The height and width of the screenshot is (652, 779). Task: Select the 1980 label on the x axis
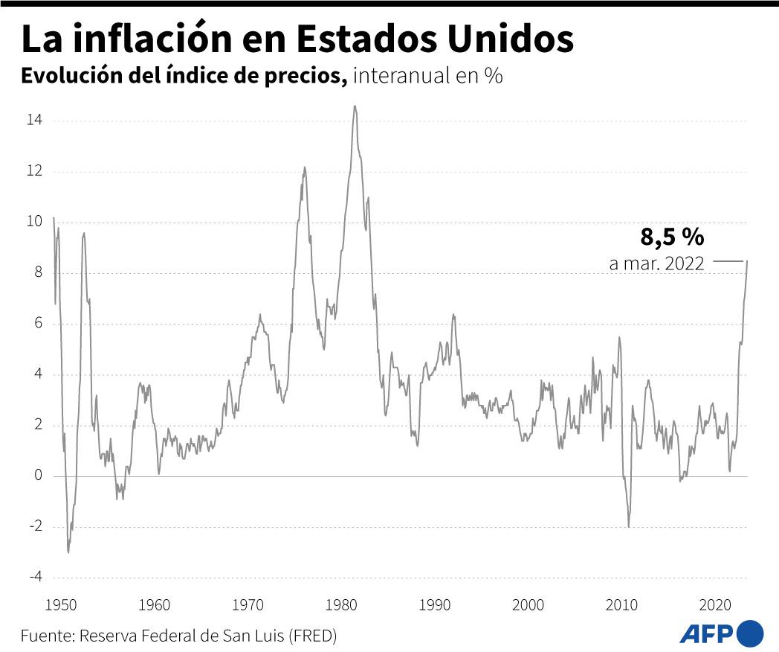342,604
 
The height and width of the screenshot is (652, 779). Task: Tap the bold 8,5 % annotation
672,237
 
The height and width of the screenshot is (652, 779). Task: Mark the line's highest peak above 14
355,106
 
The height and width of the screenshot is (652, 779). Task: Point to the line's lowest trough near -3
68,552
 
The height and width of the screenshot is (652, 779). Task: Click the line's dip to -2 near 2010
629,526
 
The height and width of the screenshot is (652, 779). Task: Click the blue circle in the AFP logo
750,633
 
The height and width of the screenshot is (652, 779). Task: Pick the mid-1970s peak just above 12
304,167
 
